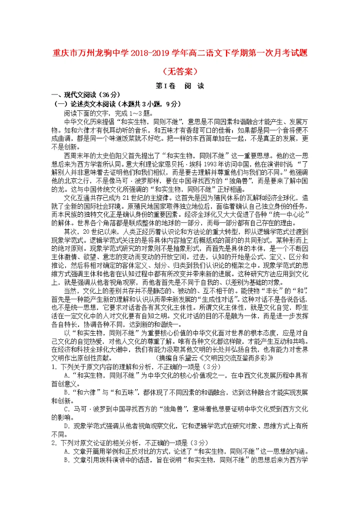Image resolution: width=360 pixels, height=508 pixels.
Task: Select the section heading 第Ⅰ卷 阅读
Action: click(x=180, y=85)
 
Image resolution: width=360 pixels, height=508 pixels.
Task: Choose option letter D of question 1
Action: click(x=66, y=427)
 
